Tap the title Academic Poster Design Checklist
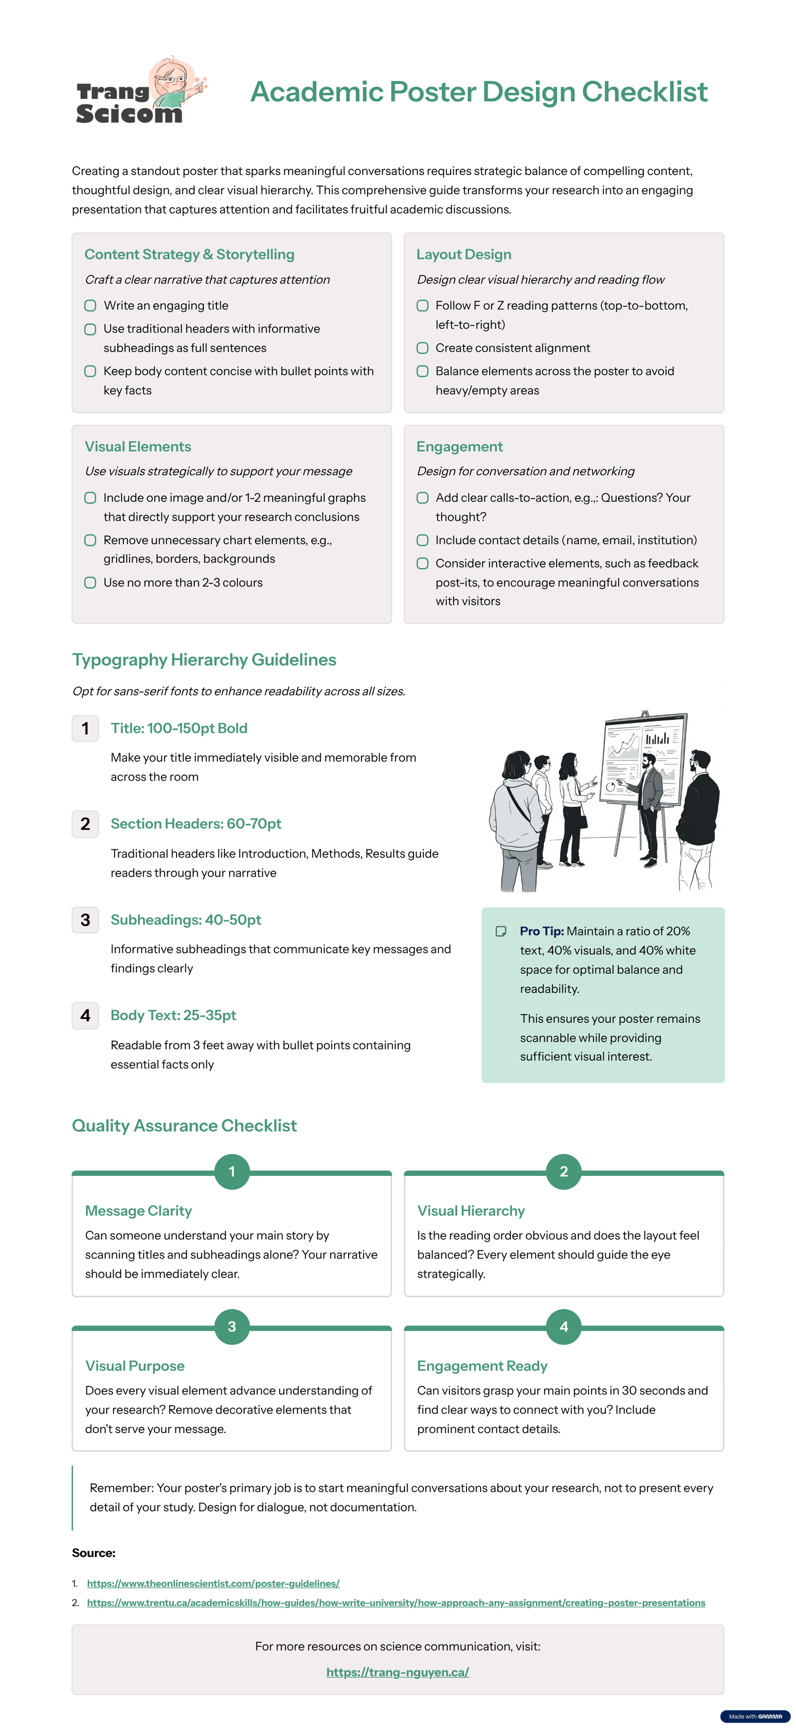click(x=479, y=92)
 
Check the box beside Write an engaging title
click(x=90, y=306)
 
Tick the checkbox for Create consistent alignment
click(x=422, y=348)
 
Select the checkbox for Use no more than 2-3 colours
click(x=90, y=583)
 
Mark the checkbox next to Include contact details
click(x=422, y=540)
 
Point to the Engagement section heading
click(x=459, y=447)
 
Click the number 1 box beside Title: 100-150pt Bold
click(x=85, y=729)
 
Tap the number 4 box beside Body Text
click(x=85, y=1016)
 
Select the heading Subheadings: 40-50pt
click(x=185, y=920)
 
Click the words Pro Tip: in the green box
click(x=541, y=931)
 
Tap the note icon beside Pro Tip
click(x=501, y=931)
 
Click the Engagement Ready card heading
click(x=482, y=1366)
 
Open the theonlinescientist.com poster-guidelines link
click(x=213, y=1583)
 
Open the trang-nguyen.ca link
click(x=397, y=1672)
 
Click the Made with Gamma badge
click(x=755, y=1716)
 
